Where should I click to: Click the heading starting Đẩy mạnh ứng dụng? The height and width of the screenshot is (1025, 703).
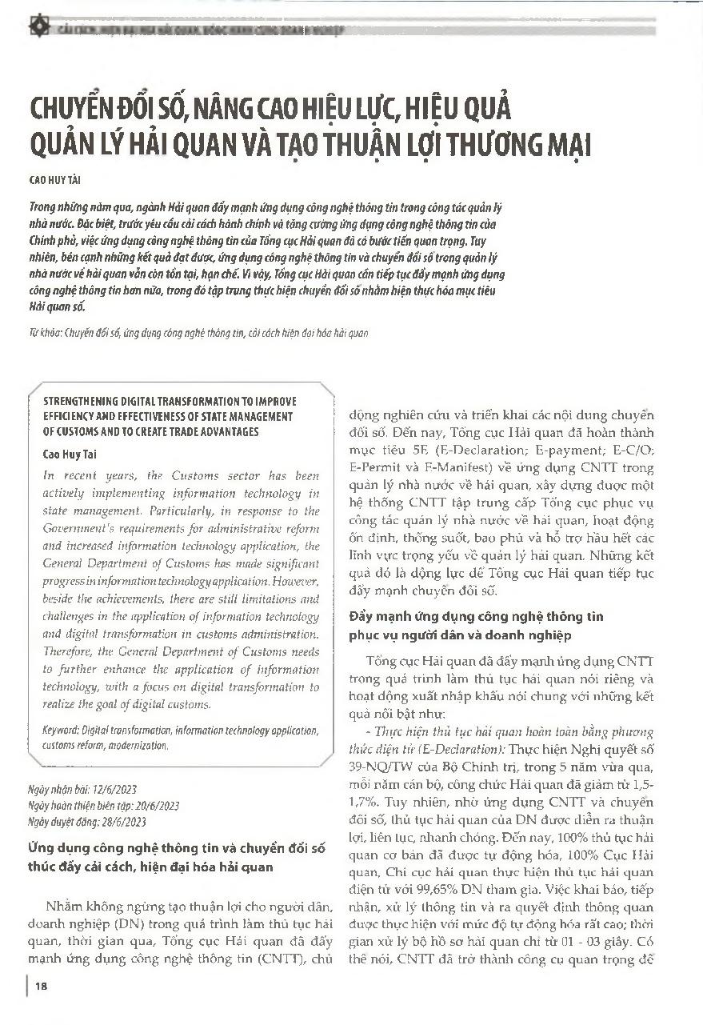point(477,617)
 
